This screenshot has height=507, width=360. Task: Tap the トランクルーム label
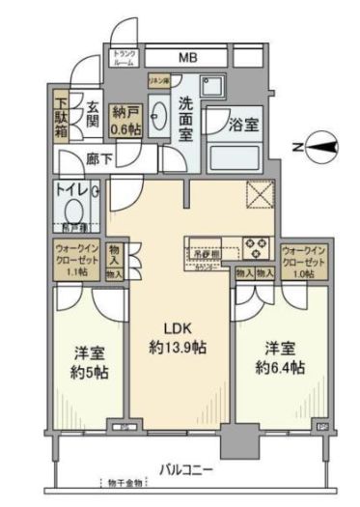pos(125,57)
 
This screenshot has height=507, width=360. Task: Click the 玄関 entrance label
pos(92,113)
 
